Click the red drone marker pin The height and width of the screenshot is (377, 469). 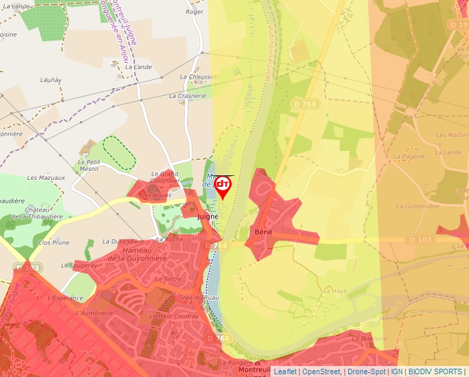tap(223, 186)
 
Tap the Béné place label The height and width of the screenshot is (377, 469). tap(263, 232)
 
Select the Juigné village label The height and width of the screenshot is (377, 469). tap(208, 216)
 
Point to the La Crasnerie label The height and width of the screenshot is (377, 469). tap(192, 96)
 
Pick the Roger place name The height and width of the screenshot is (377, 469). tap(195, 12)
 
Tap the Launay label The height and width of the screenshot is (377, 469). tap(50, 80)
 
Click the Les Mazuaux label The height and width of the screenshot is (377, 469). tap(46, 178)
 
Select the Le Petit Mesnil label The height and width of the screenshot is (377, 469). tap(88, 165)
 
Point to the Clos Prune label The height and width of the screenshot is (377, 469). tap(54, 243)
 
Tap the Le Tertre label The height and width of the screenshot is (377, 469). tap(168, 279)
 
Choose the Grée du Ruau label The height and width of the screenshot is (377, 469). tap(198, 297)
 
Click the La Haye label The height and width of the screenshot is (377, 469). tap(335, 291)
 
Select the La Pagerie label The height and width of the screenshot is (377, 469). tap(408, 156)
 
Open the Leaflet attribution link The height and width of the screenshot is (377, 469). tap(285, 371)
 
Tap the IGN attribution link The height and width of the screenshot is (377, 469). tap(397, 371)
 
